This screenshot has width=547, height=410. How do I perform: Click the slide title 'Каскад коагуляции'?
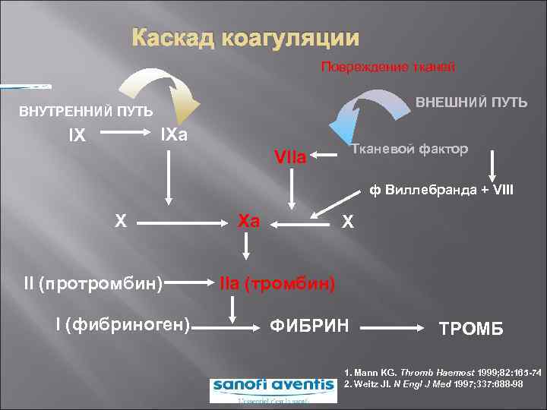(x=245, y=39)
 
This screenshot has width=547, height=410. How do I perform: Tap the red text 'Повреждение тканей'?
(x=388, y=68)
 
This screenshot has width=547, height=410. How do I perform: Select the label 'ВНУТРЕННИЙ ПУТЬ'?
(x=85, y=112)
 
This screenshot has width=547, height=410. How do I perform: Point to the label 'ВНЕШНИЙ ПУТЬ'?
(x=469, y=102)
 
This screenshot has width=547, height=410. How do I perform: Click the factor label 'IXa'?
(x=175, y=136)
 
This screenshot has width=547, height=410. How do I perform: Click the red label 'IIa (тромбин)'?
(x=277, y=284)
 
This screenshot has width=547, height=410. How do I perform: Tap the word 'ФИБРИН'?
(x=309, y=326)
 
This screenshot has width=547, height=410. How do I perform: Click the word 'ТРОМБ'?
(x=471, y=329)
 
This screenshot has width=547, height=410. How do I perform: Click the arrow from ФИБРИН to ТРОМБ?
(x=393, y=327)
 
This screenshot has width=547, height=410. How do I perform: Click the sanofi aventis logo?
(x=272, y=386)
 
